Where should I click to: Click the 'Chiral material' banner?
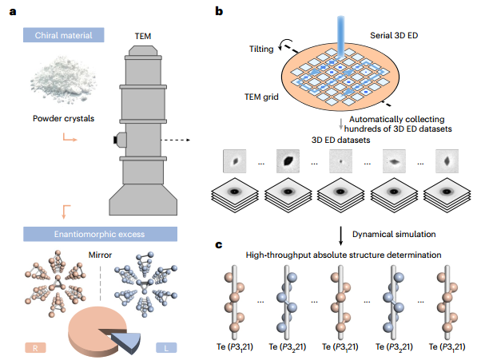(63, 35)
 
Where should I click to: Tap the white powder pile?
(63, 80)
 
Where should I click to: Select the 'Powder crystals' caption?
(63, 118)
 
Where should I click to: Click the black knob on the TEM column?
(116, 140)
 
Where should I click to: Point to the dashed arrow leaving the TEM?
(176, 140)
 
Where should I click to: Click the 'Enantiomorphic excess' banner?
(100, 234)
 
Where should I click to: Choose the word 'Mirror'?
(100, 255)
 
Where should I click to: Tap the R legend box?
(35, 348)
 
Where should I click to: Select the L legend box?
(166, 348)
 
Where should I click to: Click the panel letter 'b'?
(219, 11)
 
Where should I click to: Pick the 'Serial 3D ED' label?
(394, 35)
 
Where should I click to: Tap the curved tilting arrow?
(284, 45)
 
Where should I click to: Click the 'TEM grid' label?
(261, 97)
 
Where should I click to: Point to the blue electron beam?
(340, 36)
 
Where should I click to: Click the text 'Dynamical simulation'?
(394, 234)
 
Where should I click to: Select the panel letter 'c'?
(219, 245)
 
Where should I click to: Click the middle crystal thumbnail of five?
(340, 161)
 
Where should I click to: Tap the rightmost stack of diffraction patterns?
(447, 195)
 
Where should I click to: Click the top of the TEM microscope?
(143, 50)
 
